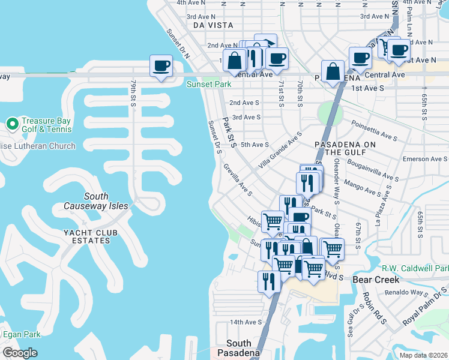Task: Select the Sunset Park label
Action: (208, 85)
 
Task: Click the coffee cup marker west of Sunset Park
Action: (161, 66)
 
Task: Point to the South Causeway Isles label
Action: (96, 201)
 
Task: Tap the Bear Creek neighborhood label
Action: (376, 280)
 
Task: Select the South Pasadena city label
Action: (239, 348)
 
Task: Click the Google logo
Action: (20, 352)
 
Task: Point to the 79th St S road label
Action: (133, 92)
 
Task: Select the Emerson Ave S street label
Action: (425, 159)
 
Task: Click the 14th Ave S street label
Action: (246, 322)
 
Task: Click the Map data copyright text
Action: (423, 355)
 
